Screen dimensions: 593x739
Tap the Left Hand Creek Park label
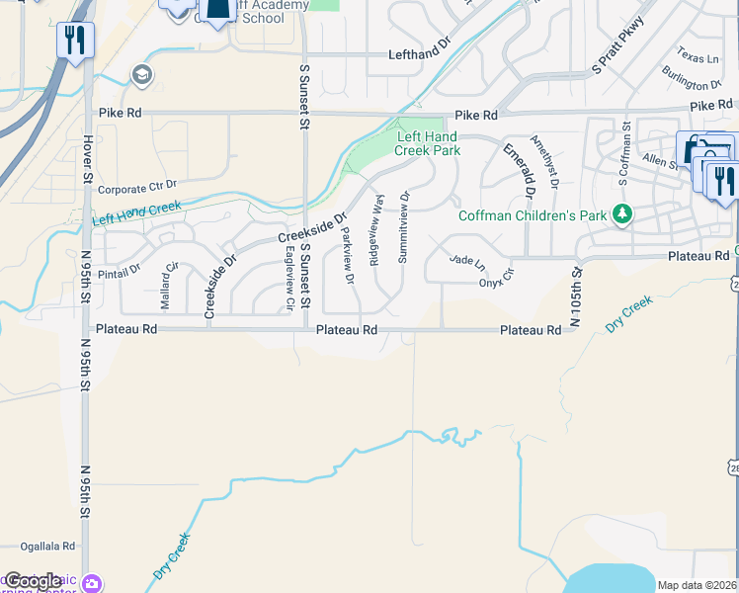pos(428,144)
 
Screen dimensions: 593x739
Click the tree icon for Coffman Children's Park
pos(622,213)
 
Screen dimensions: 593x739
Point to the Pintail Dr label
pos(121,267)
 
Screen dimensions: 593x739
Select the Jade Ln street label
pos(467,261)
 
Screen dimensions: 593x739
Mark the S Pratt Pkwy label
pos(618,45)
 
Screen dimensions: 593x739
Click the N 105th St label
pos(573,296)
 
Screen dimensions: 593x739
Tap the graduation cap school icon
pos(142,75)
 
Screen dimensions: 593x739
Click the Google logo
pos(33,581)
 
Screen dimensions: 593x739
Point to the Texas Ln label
pos(698,52)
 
